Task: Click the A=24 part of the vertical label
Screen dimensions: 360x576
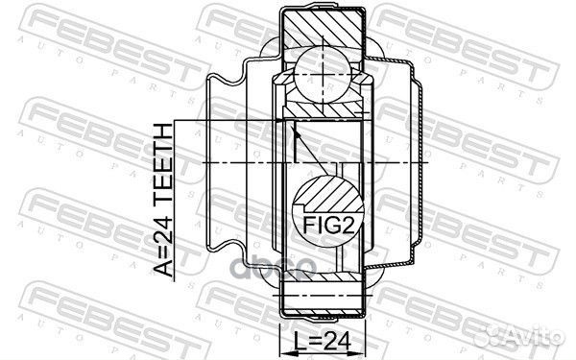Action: click(164, 245)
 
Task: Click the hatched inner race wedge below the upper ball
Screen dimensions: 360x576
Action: click(323, 107)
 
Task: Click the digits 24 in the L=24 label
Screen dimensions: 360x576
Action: click(335, 340)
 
